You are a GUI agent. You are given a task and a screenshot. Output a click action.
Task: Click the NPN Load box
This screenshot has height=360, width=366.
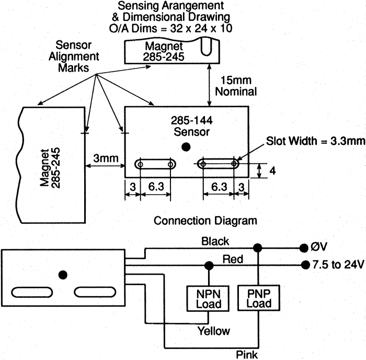[x=208, y=298]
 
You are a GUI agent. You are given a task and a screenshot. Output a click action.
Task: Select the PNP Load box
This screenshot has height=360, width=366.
[x=259, y=298]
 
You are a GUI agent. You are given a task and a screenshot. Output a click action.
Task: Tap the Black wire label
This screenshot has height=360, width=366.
[x=215, y=241]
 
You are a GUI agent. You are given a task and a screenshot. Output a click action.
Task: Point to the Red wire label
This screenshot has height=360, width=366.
[x=233, y=259]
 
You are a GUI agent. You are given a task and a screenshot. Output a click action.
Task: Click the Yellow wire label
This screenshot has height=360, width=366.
[x=213, y=331]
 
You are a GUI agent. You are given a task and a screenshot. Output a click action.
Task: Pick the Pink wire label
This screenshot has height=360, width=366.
[x=247, y=355]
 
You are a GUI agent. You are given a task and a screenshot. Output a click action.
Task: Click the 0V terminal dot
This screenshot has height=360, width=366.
[x=304, y=248]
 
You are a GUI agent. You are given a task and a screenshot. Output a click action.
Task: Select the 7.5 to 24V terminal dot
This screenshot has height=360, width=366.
[x=305, y=265]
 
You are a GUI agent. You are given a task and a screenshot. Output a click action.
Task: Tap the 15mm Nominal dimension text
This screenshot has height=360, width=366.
[x=236, y=86]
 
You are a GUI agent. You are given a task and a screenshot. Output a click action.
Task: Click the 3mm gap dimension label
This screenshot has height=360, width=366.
[x=106, y=158]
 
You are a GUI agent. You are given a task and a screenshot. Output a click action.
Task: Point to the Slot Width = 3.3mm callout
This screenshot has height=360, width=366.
[x=316, y=141]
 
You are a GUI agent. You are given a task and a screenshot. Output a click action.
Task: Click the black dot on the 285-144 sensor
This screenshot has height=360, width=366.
[x=186, y=147]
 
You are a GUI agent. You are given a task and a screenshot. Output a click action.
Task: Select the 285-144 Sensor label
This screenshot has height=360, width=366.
[x=192, y=126]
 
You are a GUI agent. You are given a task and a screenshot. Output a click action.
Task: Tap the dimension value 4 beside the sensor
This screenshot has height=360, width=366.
[x=272, y=171]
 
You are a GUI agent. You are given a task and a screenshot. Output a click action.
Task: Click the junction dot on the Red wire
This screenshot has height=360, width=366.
[x=209, y=266]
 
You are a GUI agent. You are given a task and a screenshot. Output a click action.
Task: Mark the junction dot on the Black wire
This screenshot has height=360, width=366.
[x=257, y=248]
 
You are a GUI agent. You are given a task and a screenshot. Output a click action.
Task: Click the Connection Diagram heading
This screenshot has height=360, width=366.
[x=205, y=220]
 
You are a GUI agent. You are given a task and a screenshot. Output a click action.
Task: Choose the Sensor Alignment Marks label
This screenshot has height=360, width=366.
[x=74, y=57]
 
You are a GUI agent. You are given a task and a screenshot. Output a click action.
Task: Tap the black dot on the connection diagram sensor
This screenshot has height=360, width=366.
[x=63, y=275]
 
